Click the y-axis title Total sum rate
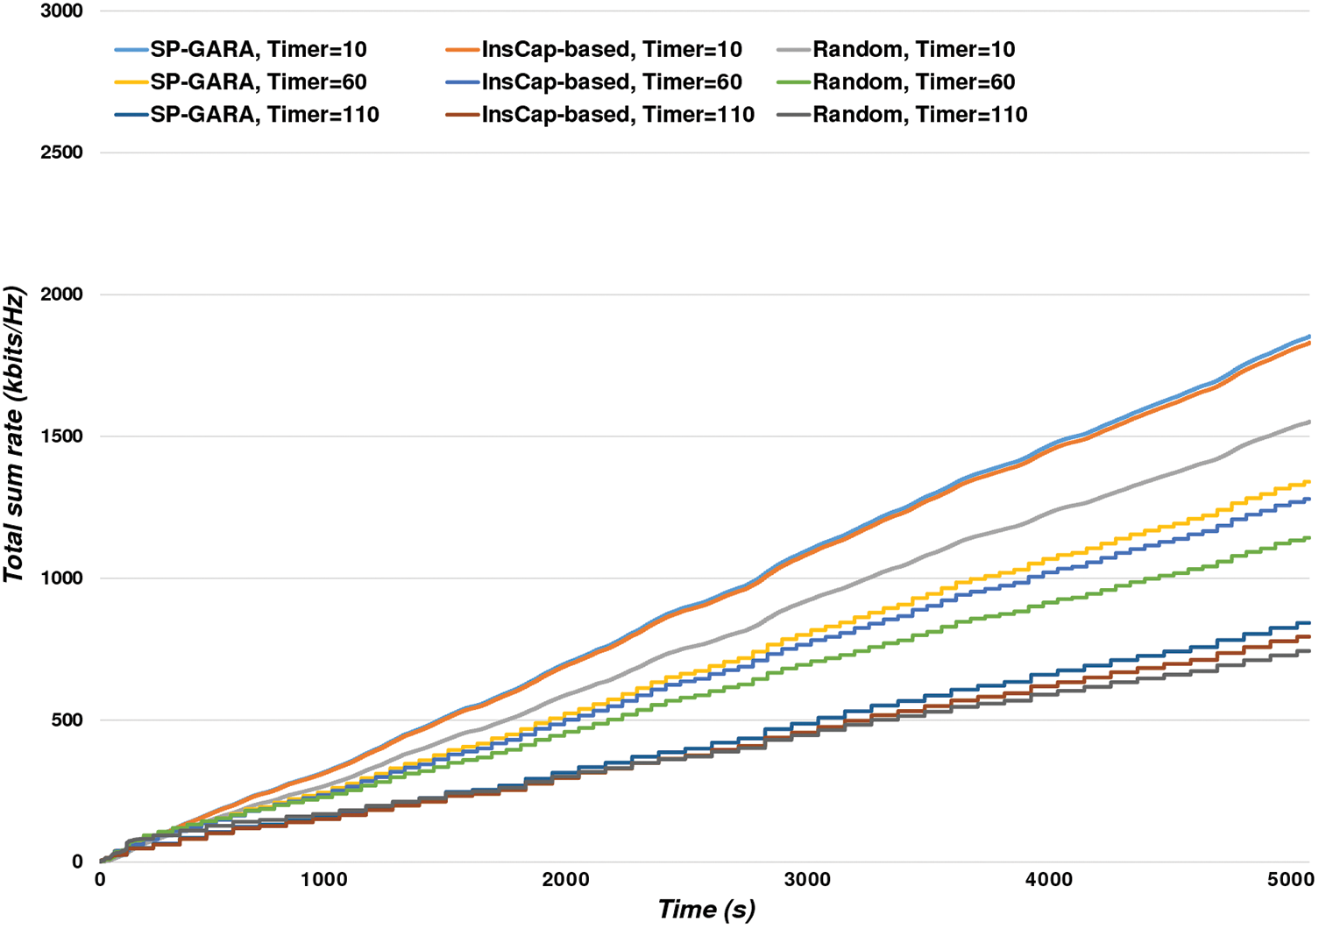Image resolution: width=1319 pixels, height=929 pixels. (14, 435)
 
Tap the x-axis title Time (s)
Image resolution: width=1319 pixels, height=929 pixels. (706, 910)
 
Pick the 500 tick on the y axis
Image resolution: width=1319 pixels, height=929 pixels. (67, 720)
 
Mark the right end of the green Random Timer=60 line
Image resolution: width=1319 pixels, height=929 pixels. (1309, 538)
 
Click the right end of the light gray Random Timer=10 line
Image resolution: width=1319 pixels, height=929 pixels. (1309, 422)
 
